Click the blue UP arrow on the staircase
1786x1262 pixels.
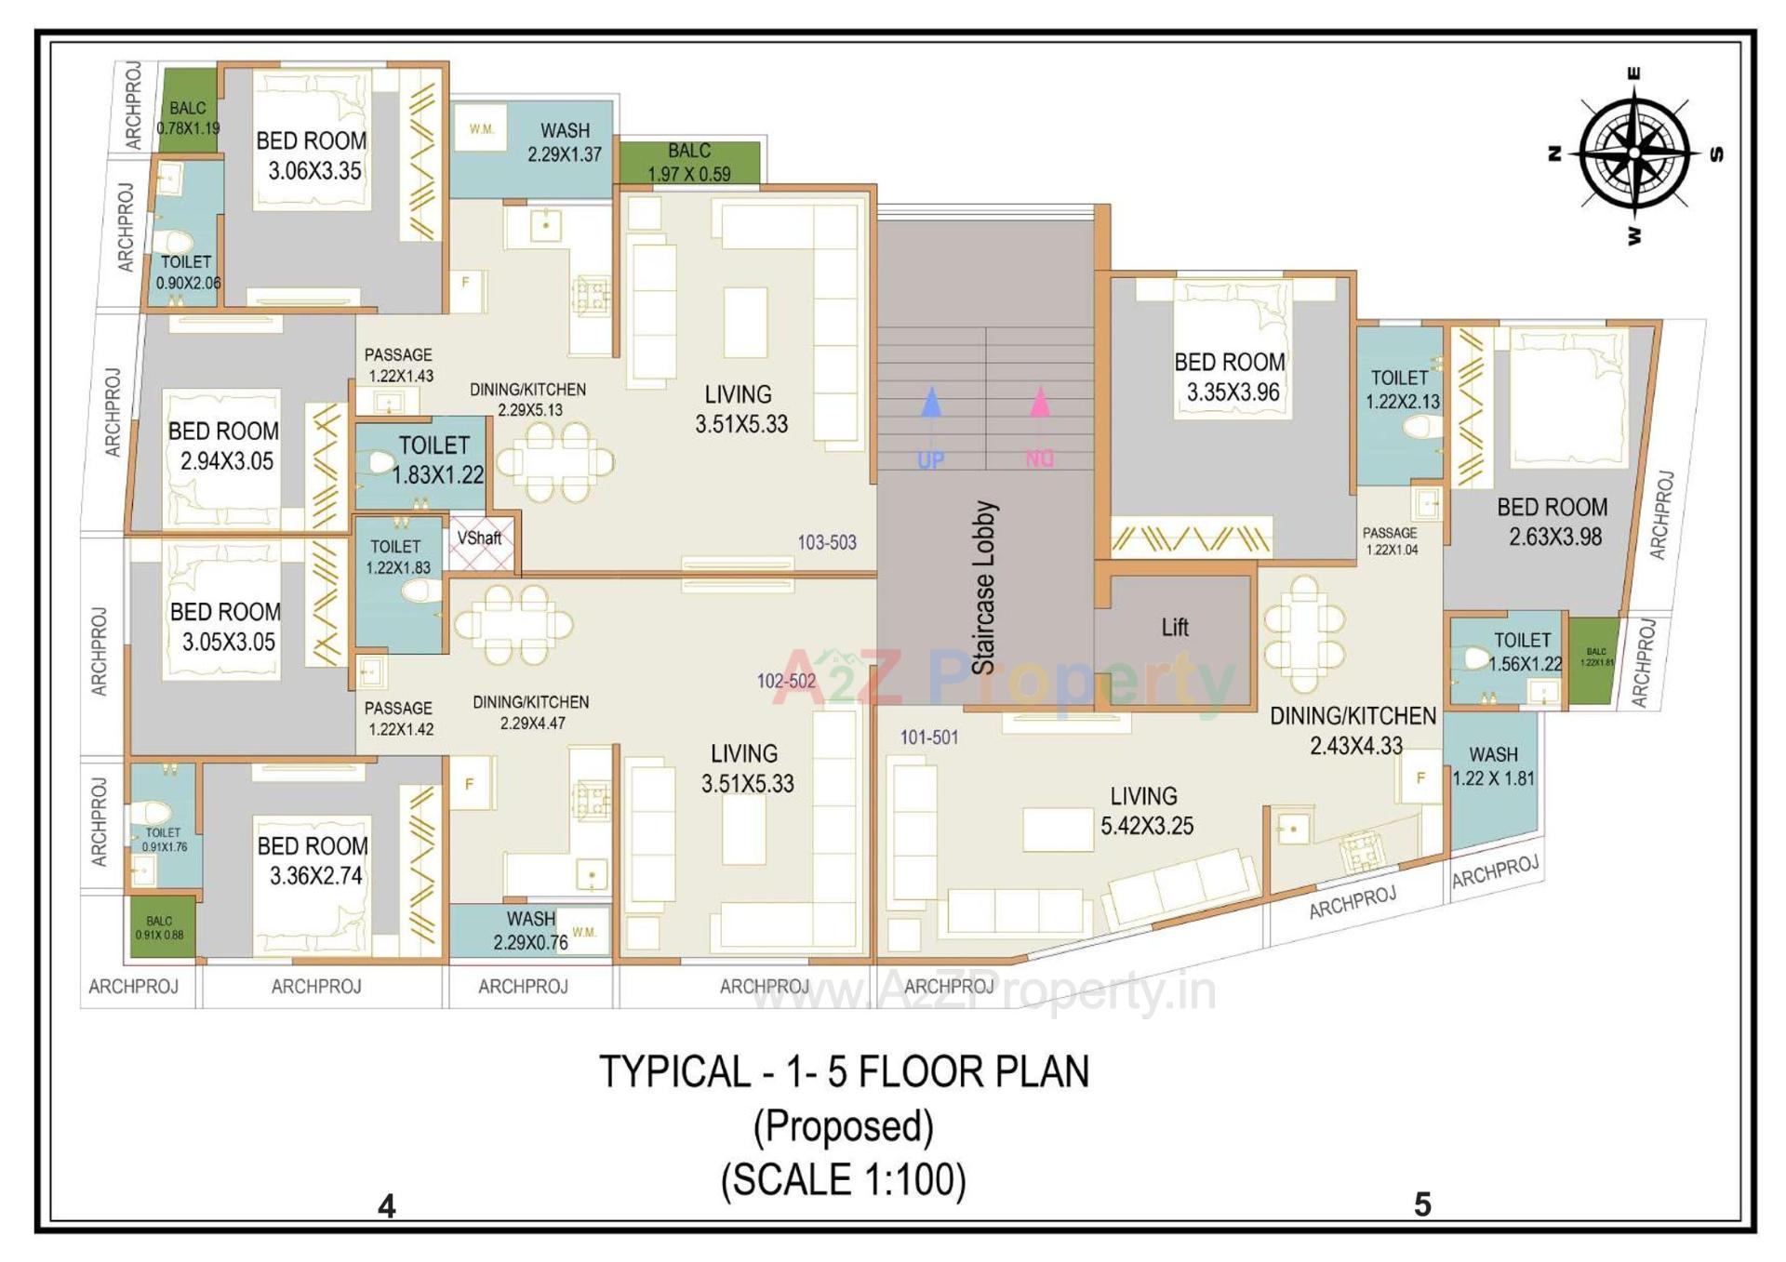point(930,404)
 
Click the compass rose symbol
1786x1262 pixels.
point(1634,153)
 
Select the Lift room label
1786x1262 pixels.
point(1174,628)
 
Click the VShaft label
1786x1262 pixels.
point(479,538)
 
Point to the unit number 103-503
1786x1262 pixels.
point(826,542)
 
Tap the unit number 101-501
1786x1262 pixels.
point(928,737)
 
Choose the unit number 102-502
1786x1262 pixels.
point(785,681)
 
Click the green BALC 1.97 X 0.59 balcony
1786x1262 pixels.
point(688,162)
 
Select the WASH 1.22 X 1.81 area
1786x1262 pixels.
point(1492,766)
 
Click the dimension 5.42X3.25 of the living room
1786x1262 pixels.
point(1146,826)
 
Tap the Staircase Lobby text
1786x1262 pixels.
point(984,588)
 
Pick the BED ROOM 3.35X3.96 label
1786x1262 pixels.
point(1230,377)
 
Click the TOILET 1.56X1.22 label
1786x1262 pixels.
point(1524,652)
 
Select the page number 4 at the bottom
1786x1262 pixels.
point(387,1206)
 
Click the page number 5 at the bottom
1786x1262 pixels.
point(1422,1205)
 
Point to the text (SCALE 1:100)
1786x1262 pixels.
point(843,1179)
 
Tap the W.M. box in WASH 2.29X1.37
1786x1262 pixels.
point(481,129)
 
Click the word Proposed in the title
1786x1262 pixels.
point(843,1126)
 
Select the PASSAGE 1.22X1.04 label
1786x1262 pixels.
point(1390,540)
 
